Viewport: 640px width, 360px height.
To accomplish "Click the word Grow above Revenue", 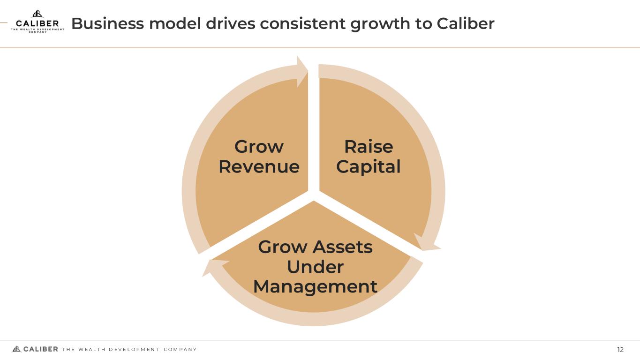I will (259, 147).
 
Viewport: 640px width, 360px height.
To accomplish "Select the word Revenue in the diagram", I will (259, 167).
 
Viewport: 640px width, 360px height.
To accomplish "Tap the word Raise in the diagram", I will (369, 147).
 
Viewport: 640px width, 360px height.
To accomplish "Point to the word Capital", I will (369, 167).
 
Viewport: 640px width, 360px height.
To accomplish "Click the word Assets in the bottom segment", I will (343, 247).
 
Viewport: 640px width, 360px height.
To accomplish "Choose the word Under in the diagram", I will (315, 267).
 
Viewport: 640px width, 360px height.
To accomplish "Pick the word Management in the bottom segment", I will (315, 286).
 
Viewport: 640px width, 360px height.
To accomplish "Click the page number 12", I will (620, 350).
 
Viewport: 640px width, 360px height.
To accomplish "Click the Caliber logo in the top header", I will (38, 22).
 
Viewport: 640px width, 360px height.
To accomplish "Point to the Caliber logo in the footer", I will (35, 349).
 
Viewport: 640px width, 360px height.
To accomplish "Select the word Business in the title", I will (107, 23).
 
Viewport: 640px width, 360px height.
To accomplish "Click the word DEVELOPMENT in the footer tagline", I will (134, 350).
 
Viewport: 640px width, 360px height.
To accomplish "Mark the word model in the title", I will (174, 23).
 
